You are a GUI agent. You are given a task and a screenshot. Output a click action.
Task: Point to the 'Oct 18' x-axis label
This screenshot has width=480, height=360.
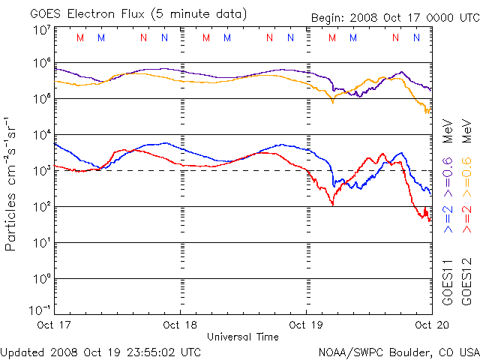pyautogui.click(x=181, y=325)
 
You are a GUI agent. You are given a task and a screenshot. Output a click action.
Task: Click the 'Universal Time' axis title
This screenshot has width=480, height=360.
pyautogui.click(x=242, y=337)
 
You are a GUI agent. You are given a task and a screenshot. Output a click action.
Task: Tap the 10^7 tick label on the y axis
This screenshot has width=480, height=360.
pyautogui.click(x=41, y=30)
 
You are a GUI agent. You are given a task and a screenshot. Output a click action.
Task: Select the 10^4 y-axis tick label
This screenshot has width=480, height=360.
pyautogui.click(x=41, y=135)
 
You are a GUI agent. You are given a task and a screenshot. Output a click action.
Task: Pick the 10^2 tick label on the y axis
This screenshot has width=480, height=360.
pyautogui.click(x=41, y=207)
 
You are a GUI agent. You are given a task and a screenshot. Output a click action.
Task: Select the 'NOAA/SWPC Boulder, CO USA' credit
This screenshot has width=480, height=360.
pyautogui.click(x=398, y=351)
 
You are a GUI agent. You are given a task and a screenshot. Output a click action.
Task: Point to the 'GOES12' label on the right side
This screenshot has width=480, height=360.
pyautogui.click(x=466, y=282)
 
